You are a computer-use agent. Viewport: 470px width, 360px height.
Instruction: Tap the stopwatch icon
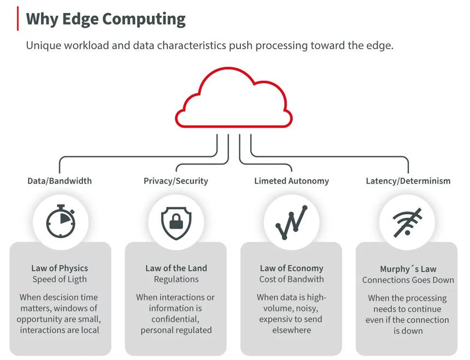pyautogui.click(x=61, y=222)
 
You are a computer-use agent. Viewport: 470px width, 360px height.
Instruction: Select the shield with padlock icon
pyautogui.click(x=176, y=222)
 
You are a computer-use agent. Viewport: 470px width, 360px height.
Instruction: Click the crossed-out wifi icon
pyautogui.click(x=407, y=222)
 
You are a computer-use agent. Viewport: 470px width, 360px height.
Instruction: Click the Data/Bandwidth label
pyautogui.click(x=60, y=181)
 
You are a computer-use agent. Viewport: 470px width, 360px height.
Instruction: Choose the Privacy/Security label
pyautogui.click(x=176, y=181)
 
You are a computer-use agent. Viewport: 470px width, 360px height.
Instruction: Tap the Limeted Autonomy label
pyautogui.click(x=291, y=181)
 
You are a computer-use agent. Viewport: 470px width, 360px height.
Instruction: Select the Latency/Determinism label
pyautogui.click(x=408, y=181)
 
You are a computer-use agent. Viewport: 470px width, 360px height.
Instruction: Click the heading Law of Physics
pyautogui.click(x=60, y=268)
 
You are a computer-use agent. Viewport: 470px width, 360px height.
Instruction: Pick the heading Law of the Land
pyautogui.click(x=176, y=268)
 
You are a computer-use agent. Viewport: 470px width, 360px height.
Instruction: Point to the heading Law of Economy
pyautogui.click(x=291, y=268)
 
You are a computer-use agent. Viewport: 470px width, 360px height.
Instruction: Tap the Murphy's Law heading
pyautogui.click(x=408, y=269)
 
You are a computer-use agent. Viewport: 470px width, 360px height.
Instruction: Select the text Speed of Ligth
pyautogui.click(x=60, y=279)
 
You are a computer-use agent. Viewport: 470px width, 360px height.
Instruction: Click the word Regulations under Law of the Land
pyautogui.click(x=176, y=279)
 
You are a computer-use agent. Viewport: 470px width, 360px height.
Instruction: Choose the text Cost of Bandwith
pyautogui.click(x=291, y=279)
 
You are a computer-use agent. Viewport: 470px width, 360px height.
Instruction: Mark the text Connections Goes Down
pyautogui.click(x=408, y=280)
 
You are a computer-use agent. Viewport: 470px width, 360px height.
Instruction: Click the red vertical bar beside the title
pyautogui.click(x=19, y=19)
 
